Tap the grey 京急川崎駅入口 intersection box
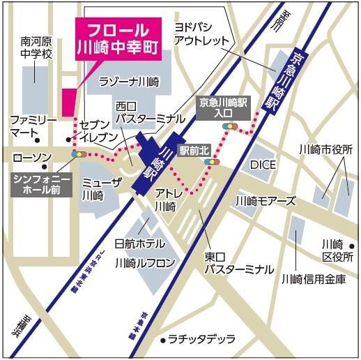pos(223,106)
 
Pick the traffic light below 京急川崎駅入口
pos(230,126)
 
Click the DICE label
pos(263,165)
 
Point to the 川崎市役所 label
pos(325,149)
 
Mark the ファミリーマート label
pos(33,126)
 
